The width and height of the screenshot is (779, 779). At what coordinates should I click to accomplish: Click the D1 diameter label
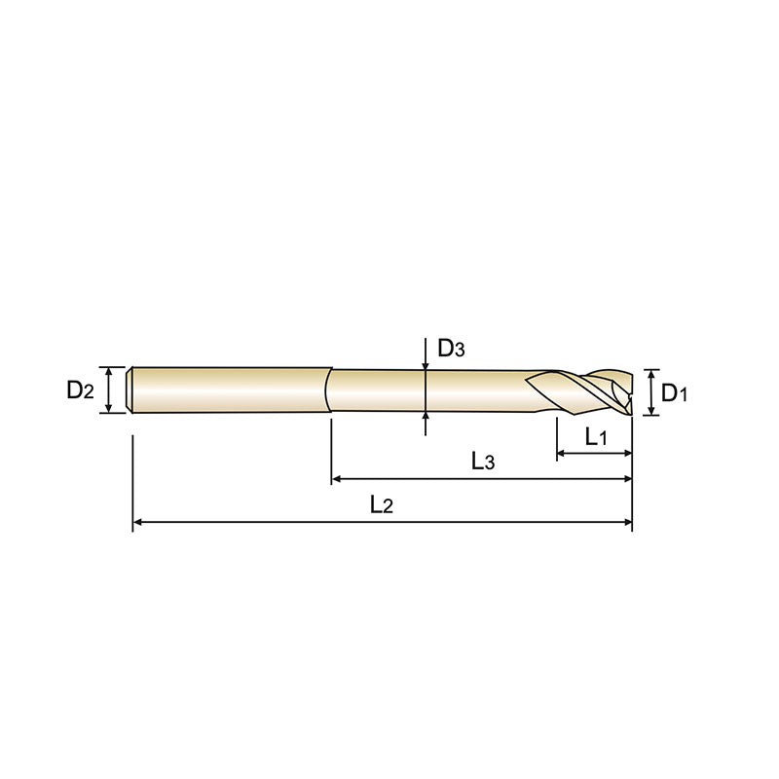click(x=675, y=393)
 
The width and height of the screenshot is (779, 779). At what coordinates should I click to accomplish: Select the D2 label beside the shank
click(x=81, y=390)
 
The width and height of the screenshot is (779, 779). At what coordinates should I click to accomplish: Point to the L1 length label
click(x=596, y=438)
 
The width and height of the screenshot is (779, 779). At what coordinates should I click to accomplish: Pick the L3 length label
click(x=483, y=462)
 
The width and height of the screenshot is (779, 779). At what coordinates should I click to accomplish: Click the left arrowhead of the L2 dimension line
click(x=138, y=523)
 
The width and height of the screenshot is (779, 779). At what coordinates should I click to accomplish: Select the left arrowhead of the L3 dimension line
click(x=338, y=479)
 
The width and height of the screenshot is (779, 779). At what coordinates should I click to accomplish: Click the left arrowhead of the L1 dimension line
click(x=562, y=454)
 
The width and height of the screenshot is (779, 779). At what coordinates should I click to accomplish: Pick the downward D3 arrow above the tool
click(x=426, y=363)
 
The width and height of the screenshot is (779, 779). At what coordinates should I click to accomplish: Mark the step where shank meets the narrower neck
click(x=328, y=390)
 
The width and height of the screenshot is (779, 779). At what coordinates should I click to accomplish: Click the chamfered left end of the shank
click(x=131, y=390)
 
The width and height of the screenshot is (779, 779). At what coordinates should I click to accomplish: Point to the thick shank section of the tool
click(x=229, y=390)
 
